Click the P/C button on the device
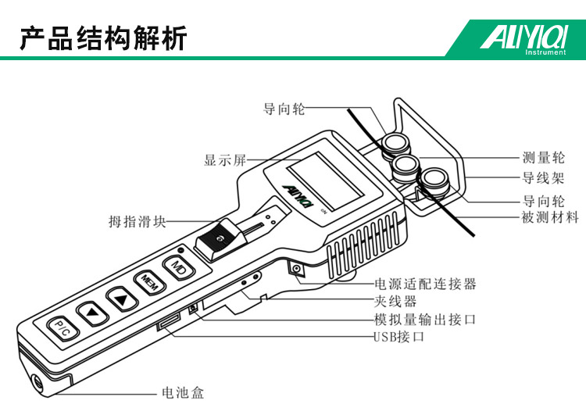[x=63, y=329]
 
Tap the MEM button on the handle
[x=148, y=283]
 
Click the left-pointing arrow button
[x=92, y=313]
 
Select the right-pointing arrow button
[x=122, y=299]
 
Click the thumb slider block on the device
[x=219, y=241]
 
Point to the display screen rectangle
[x=325, y=181]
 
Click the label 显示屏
[x=224, y=160]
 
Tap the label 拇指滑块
[x=137, y=222]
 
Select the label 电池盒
[x=183, y=393]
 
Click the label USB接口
[x=398, y=337]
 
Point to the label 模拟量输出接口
[x=425, y=320]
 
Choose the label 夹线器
[x=395, y=301]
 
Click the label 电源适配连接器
[x=425, y=284]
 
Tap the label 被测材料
[x=550, y=217]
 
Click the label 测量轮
[x=543, y=158]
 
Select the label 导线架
[x=543, y=178]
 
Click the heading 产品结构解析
[x=103, y=38]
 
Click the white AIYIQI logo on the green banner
[x=523, y=38]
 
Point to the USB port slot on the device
[x=169, y=322]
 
